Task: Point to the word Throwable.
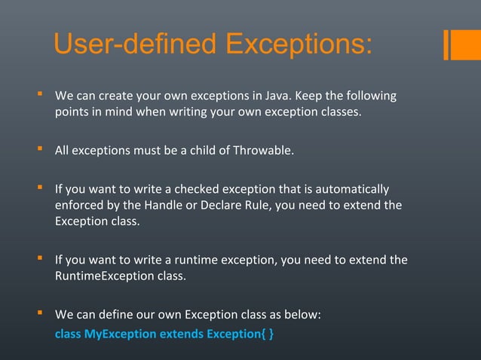(264, 151)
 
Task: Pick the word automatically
(351, 188)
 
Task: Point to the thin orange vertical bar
(446, 44)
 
